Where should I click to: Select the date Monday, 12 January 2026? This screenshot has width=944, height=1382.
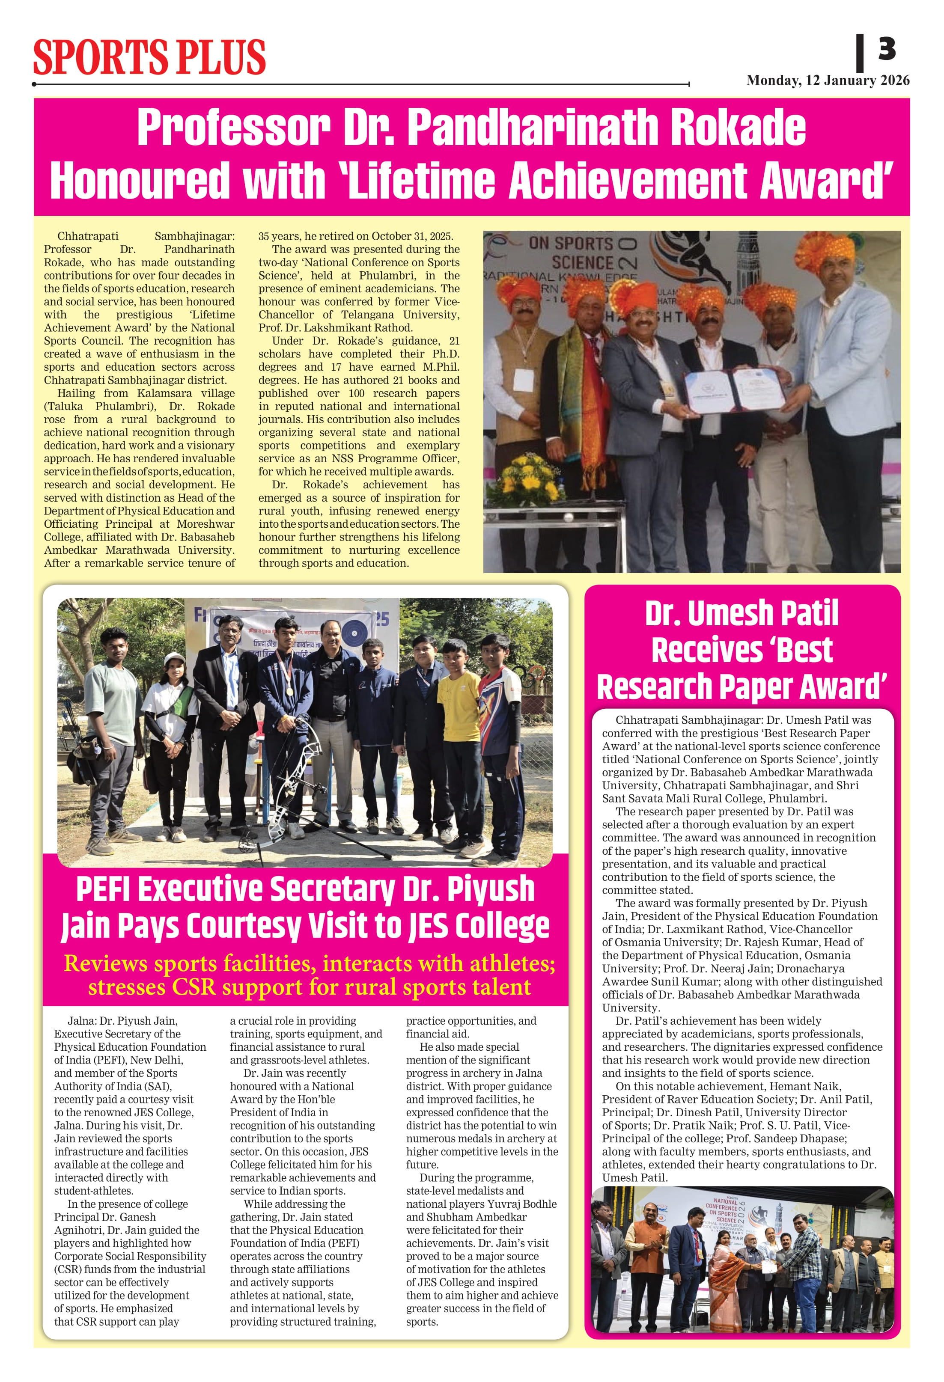point(828,80)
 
